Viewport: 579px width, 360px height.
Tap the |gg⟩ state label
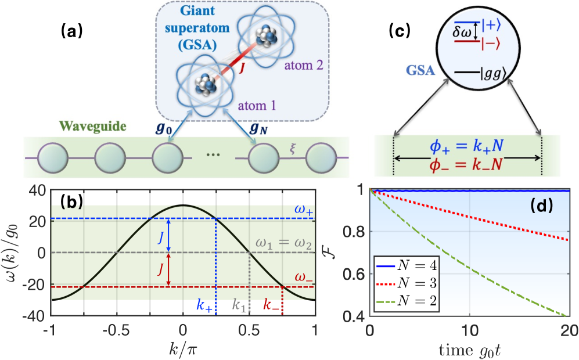point(487,74)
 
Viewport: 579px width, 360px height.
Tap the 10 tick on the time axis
point(469,327)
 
